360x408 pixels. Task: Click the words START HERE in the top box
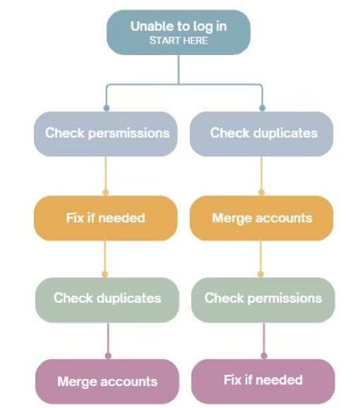(x=179, y=41)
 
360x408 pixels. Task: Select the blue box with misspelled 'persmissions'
(x=106, y=134)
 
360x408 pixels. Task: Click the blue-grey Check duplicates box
(x=261, y=134)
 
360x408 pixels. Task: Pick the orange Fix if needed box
(x=106, y=218)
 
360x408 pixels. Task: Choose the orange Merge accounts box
(x=261, y=218)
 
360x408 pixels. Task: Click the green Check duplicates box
(x=107, y=300)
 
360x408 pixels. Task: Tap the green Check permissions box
(x=263, y=300)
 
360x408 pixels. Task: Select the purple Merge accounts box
(x=107, y=381)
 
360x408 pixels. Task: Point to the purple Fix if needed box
(x=263, y=381)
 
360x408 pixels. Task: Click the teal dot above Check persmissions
(x=107, y=108)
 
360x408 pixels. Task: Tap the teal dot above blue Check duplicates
(x=262, y=108)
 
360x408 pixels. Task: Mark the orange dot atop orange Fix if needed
(x=106, y=192)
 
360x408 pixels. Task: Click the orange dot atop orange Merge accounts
(x=261, y=192)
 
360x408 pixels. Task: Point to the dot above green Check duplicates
(x=105, y=274)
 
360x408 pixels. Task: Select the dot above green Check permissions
(x=260, y=274)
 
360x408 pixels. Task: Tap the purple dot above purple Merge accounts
(x=108, y=356)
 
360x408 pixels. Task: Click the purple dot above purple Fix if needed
(x=264, y=356)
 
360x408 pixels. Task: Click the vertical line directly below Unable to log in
(x=179, y=69)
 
